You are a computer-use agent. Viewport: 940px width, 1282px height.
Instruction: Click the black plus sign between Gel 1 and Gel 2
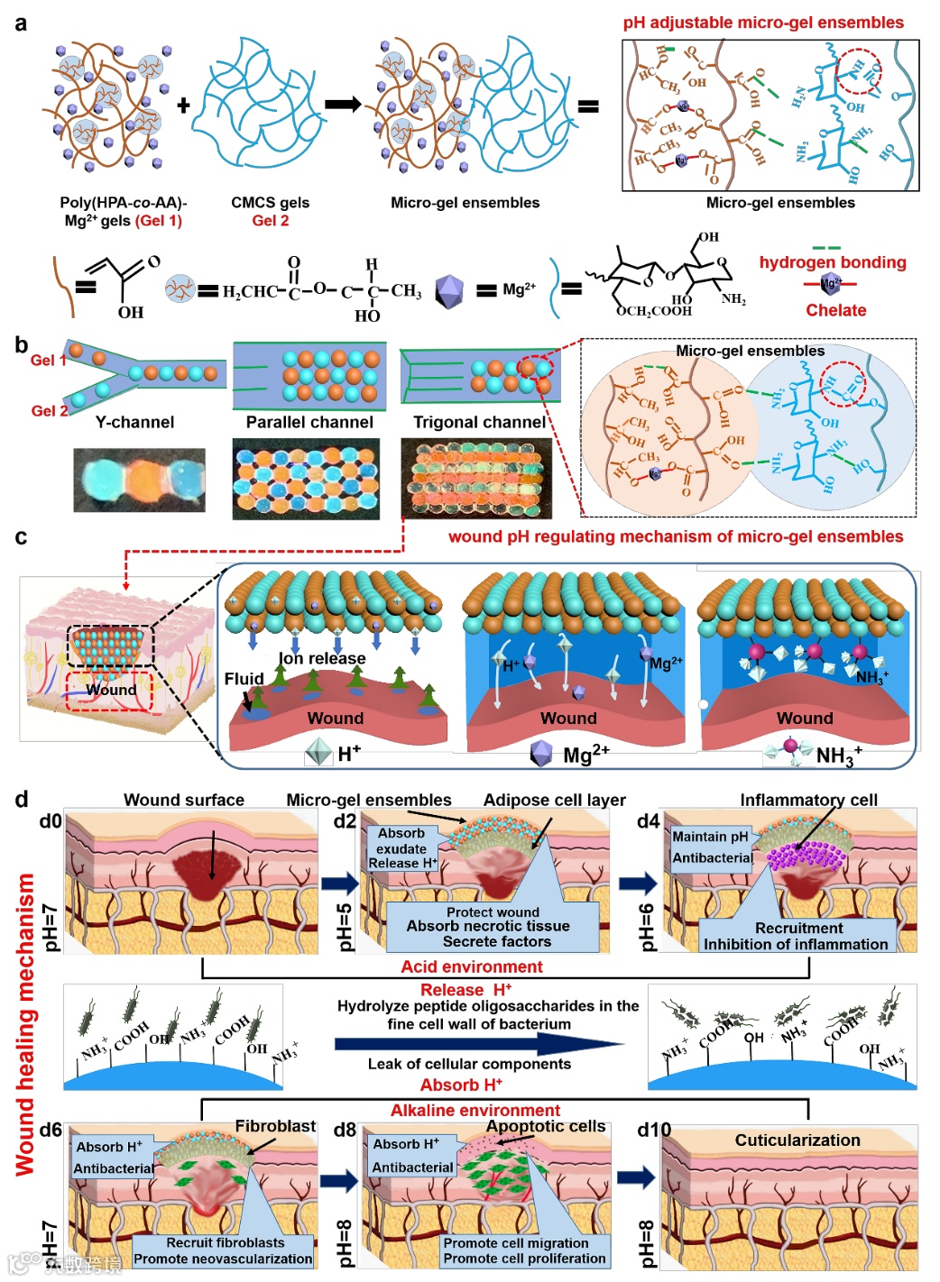[183, 105]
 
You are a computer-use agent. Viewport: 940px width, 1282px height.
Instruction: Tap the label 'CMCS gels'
[270, 203]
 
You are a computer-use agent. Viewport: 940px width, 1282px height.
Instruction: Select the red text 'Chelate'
[835, 310]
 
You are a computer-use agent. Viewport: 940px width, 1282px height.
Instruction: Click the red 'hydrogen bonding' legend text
[832, 262]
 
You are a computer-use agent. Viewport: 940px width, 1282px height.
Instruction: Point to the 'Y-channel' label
[134, 422]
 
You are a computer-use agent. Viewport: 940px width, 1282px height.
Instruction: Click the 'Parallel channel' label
[309, 422]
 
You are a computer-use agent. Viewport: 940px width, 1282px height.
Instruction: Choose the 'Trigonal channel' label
[479, 422]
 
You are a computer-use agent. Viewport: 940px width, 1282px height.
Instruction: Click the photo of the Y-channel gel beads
[139, 481]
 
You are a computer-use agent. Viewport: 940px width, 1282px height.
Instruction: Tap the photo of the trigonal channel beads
[475, 479]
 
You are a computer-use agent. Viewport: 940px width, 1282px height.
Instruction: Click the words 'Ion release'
[322, 658]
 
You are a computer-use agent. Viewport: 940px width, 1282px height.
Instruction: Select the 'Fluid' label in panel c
[244, 679]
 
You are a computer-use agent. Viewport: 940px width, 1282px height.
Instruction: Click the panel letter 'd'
[22, 799]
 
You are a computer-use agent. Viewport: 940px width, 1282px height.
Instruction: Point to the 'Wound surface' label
[183, 800]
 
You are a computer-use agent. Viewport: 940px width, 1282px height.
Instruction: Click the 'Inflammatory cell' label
[808, 800]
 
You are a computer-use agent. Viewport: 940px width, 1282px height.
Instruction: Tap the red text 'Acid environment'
[472, 966]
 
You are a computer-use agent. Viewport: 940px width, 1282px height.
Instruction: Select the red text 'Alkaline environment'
[475, 1110]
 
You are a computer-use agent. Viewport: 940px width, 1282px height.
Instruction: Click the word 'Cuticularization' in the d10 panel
[797, 1140]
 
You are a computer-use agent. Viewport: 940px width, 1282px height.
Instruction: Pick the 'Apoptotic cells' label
[546, 1126]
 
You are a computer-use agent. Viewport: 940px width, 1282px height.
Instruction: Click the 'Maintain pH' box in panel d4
[710, 837]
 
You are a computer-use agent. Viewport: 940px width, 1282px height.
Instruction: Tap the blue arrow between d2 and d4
[638, 883]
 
